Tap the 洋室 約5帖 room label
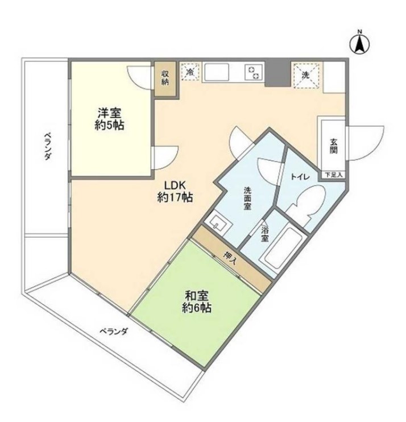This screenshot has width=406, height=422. pos(109,119)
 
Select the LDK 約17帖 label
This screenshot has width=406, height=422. pos(175,191)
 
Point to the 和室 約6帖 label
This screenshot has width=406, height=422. pos(196,301)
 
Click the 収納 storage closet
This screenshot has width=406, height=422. pos(165,78)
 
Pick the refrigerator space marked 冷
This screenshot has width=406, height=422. pos(190,72)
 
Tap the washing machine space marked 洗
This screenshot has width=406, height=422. pos(306,75)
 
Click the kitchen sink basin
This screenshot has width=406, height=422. pos(217,72)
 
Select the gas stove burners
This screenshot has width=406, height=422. pos(254,73)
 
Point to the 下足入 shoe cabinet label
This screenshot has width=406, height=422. pos(333,175)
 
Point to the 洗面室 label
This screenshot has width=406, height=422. pos(248,198)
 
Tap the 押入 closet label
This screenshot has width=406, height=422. pos(230,258)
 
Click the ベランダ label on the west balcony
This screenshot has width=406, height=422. pos(48,146)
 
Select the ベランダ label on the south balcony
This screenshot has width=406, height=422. pos(114,332)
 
